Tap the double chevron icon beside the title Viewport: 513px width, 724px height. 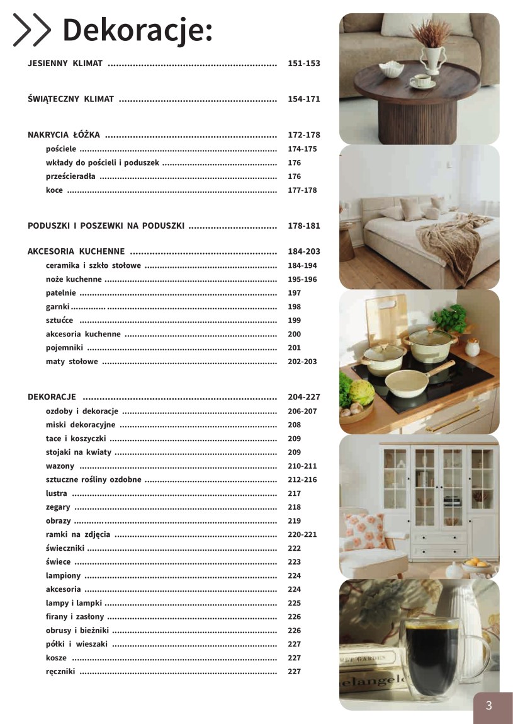31,30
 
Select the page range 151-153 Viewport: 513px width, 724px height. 304,64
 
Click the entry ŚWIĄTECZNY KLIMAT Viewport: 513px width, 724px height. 71,99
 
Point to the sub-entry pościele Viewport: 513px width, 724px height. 61,149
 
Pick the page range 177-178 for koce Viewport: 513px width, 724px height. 302,190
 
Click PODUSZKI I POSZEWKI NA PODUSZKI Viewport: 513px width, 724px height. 106,226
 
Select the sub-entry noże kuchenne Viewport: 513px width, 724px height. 74,279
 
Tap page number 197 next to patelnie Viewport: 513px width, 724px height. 295,293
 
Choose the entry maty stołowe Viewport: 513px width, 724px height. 72,362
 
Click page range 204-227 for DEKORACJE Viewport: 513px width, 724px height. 304,397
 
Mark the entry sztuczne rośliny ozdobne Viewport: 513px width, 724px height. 93,480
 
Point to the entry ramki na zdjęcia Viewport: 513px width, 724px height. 78,534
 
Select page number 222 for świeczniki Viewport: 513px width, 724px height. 295,548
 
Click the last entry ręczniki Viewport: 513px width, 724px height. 60,672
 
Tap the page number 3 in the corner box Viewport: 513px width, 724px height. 489,706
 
